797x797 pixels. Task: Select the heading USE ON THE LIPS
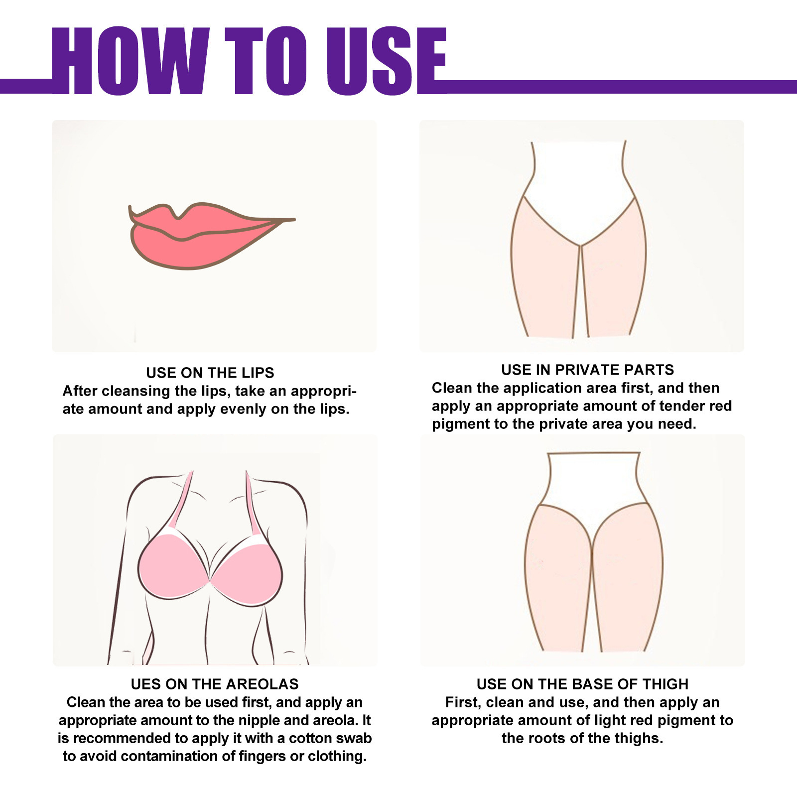tap(210, 373)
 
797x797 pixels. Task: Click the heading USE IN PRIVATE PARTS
tap(587, 370)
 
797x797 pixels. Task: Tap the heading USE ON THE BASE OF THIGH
tap(582, 684)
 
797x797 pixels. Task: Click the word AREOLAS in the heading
tap(268, 684)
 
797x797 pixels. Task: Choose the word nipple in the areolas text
tap(259, 720)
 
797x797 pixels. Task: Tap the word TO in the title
tap(266, 61)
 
